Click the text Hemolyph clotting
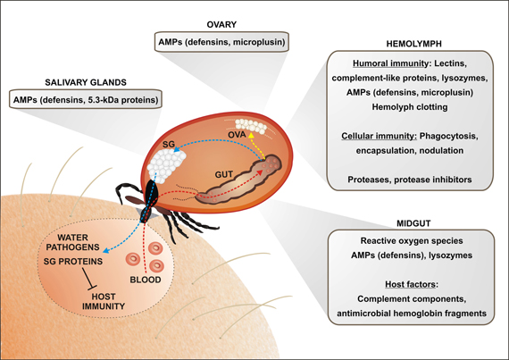410,109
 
